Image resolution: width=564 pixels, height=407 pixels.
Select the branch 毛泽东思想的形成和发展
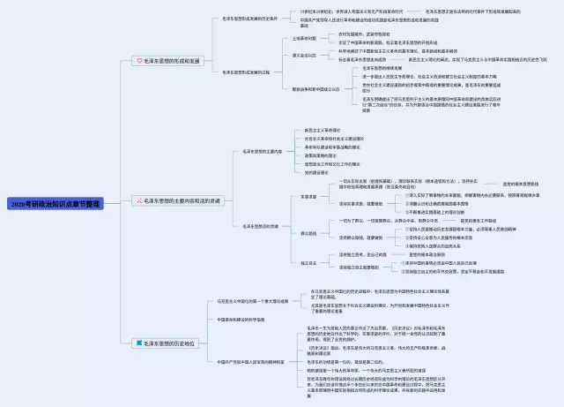[172, 61]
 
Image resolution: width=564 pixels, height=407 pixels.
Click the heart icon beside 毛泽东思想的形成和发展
[138, 61]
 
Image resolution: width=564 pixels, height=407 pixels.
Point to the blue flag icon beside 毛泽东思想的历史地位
[138, 341]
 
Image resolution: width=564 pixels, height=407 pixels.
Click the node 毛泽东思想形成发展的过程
[246, 72]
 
